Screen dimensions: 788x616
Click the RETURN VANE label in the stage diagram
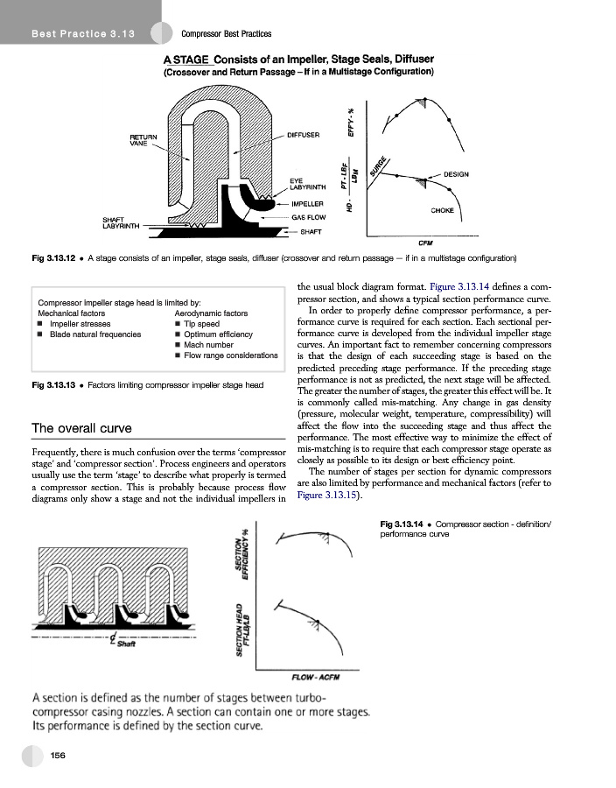coord(143,140)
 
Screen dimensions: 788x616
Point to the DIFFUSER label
coord(304,135)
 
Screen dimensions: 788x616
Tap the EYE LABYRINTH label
coord(307,183)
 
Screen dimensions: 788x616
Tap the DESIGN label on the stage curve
coord(456,174)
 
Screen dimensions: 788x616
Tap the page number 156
coord(59,755)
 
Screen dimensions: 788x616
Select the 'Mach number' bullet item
coord(207,345)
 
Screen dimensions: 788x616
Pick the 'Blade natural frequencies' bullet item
coord(95,334)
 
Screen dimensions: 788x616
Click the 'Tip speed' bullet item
coord(202,324)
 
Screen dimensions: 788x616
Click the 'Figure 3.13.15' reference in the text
coord(323,495)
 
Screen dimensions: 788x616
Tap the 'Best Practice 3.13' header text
coord(81,34)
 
